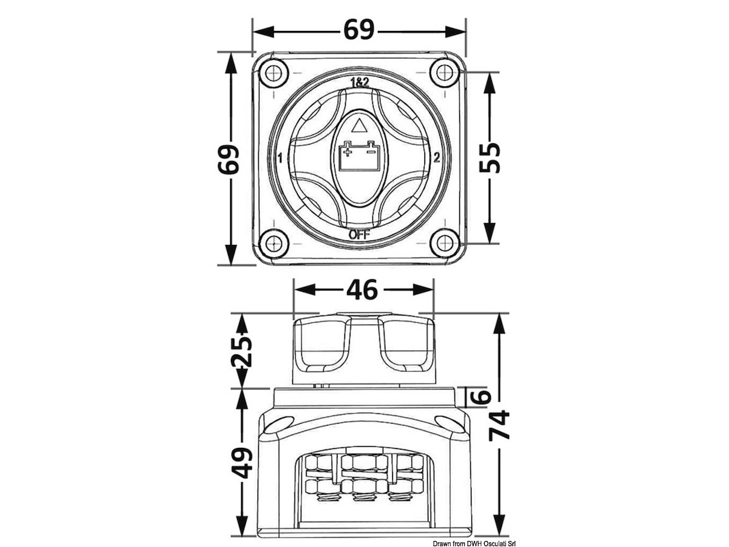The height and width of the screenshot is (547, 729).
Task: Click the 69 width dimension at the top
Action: [358, 30]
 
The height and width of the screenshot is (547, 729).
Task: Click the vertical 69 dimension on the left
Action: [228, 159]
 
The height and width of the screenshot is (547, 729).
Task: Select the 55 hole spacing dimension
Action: [490, 157]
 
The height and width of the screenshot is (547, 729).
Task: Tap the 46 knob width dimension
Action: [362, 290]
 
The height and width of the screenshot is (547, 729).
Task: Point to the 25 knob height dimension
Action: [241, 351]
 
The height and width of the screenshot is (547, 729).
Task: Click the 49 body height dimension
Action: [241, 463]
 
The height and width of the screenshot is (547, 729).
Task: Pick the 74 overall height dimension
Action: [499, 425]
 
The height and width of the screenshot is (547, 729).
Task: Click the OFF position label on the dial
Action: [359, 235]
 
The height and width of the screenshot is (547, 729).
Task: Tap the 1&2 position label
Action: [360, 82]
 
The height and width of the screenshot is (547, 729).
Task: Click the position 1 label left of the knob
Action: [280, 158]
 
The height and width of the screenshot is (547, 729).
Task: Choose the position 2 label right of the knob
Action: [437, 157]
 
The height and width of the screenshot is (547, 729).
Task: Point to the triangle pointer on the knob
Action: [358, 126]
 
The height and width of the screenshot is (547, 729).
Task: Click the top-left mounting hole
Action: [272, 73]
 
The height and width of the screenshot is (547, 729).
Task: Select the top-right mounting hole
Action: [445, 73]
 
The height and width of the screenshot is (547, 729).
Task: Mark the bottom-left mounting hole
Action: [272, 243]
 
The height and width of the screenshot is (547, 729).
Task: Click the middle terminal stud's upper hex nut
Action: [363, 462]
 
